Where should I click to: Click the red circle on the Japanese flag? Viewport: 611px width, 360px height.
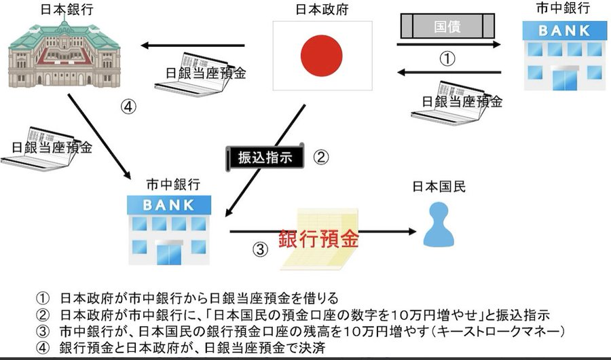(x=322, y=56)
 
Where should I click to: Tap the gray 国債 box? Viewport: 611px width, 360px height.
(x=447, y=26)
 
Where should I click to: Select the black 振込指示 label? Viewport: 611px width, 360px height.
(x=265, y=158)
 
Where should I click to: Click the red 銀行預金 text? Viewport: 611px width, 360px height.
(x=318, y=238)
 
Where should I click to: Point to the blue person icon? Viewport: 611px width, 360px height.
(x=439, y=225)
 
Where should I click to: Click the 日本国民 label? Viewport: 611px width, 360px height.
(x=439, y=187)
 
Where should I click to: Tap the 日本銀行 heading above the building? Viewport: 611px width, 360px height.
(x=67, y=10)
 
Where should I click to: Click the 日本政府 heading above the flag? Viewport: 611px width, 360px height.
(x=322, y=10)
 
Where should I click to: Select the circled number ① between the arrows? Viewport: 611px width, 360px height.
(x=447, y=59)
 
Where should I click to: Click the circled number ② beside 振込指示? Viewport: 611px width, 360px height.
(x=321, y=158)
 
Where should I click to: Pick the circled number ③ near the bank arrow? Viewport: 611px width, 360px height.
(x=260, y=249)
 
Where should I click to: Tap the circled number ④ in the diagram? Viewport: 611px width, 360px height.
(x=128, y=107)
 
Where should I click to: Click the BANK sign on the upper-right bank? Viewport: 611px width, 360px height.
(x=564, y=31)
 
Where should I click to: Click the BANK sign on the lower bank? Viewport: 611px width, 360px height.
(x=169, y=205)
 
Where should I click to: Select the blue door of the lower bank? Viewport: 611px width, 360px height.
(x=169, y=254)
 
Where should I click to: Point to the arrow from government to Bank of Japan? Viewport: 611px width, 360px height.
(x=193, y=46)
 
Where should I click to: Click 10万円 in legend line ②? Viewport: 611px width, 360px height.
(x=409, y=314)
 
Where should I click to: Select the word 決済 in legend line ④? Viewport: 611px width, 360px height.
(x=312, y=347)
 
